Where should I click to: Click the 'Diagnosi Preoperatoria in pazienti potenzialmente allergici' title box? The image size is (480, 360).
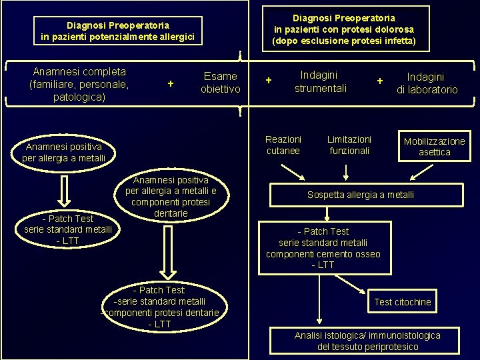(117, 31)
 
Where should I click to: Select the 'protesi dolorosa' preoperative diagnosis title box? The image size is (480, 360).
(343, 29)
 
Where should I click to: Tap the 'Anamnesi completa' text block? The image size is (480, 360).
(79, 84)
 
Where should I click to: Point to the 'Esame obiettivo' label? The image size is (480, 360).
(220, 83)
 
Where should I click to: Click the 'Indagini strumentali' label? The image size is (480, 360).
(320, 81)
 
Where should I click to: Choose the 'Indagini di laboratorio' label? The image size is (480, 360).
(427, 83)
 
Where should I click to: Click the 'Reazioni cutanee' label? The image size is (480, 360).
(283, 145)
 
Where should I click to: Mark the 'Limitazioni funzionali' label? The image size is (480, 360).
(349, 145)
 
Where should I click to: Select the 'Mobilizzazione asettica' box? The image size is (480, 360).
(435, 147)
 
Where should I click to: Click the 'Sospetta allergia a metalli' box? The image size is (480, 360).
(360, 195)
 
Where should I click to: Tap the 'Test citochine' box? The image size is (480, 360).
(403, 302)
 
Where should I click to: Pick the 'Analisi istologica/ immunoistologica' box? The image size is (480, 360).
(367, 341)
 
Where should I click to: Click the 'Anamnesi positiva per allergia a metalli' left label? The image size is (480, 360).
(63, 152)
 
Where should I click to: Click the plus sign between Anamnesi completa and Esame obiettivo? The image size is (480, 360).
(171, 83)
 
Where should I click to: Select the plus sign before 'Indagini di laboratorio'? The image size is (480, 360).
(379, 81)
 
